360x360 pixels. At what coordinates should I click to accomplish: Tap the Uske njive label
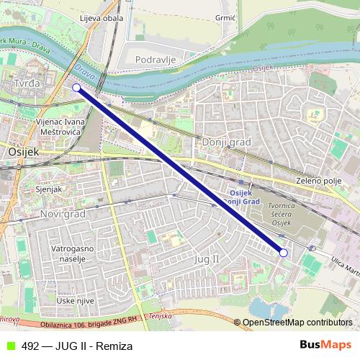[x=76, y=300]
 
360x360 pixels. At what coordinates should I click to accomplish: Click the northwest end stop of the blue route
[x=77, y=87]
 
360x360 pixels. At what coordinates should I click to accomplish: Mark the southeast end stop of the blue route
[x=283, y=253]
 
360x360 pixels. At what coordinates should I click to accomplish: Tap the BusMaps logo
[x=325, y=346]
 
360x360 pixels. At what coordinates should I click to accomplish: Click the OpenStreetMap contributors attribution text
[x=297, y=322]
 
